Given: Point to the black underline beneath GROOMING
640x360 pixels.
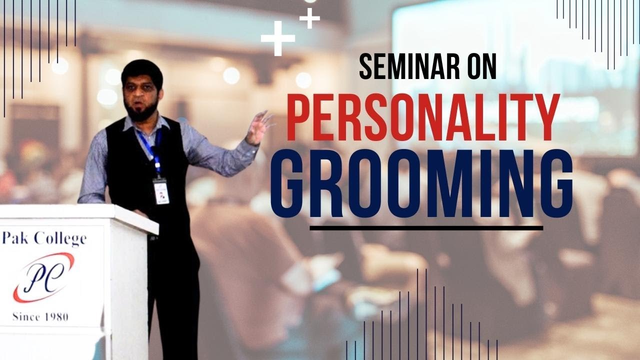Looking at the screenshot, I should tap(426, 228).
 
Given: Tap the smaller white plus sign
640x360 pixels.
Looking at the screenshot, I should tap(309, 19).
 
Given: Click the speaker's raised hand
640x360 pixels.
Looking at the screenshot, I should tap(259, 127).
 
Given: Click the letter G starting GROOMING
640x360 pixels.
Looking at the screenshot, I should tap(290, 186).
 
